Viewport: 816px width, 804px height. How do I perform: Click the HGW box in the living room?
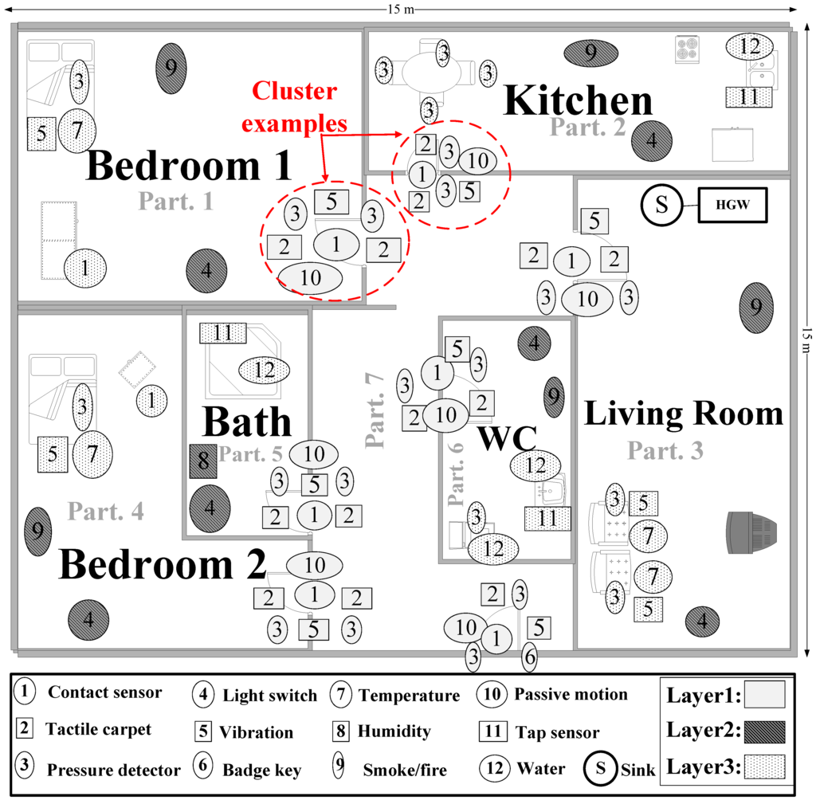pyautogui.click(x=731, y=206)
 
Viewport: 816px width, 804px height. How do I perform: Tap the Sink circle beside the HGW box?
pyautogui.click(x=661, y=205)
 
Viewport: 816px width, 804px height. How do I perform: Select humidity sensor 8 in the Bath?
pyautogui.click(x=203, y=461)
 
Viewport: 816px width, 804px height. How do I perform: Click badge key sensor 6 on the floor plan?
pyautogui.click(x=529, y=658)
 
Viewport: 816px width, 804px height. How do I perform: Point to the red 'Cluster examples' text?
pyautogui.click(x=295, y=108)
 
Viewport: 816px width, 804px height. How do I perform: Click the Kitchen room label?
pyautogui.click(x=579, y=100)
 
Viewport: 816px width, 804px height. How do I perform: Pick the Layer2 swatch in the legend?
pyautogui.click(x=764, y=731)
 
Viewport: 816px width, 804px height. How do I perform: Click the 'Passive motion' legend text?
pyautogui.click(x=571, y=695)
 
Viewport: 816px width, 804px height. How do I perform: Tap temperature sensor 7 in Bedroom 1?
pyautogui.click(x=77, y=130)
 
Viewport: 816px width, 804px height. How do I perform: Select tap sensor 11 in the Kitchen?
pyautogui.click(x=749, y=97)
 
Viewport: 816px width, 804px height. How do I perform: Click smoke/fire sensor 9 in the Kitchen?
pyautogui.click(x=590, y=53)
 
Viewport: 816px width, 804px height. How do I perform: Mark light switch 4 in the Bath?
pyautogui.click(x=210, y=506)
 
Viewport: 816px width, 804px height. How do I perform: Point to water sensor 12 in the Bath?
pyautogui.click(x=264, y=370)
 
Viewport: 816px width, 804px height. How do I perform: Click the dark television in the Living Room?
pyautogui.click(x=750, y=532)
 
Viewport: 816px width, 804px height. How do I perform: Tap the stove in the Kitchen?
pyautogui.click(x=687, y=49)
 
